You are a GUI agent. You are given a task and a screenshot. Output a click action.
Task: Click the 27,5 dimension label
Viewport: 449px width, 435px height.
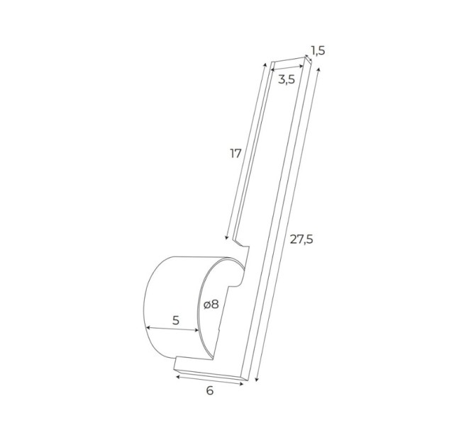[301, 239]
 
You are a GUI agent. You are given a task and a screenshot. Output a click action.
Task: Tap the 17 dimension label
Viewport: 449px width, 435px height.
[236, 154]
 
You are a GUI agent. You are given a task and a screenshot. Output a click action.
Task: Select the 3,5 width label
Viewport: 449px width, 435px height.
[287, 80]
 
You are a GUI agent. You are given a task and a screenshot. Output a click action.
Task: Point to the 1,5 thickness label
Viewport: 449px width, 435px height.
[318, 50]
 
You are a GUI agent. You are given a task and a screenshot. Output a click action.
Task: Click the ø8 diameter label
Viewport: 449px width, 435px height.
[211, 305]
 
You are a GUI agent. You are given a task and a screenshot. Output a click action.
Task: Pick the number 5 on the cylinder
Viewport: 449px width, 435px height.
[176, 320]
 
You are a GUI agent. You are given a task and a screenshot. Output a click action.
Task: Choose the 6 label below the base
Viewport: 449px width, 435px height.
[210, 390]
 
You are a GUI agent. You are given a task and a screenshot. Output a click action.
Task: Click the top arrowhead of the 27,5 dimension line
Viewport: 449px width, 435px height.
[318, 70]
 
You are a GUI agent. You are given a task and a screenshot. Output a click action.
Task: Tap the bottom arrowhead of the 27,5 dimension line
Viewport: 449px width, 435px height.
[256, 379]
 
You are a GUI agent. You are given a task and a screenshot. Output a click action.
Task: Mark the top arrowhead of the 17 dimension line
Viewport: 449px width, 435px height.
[265, 64]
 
